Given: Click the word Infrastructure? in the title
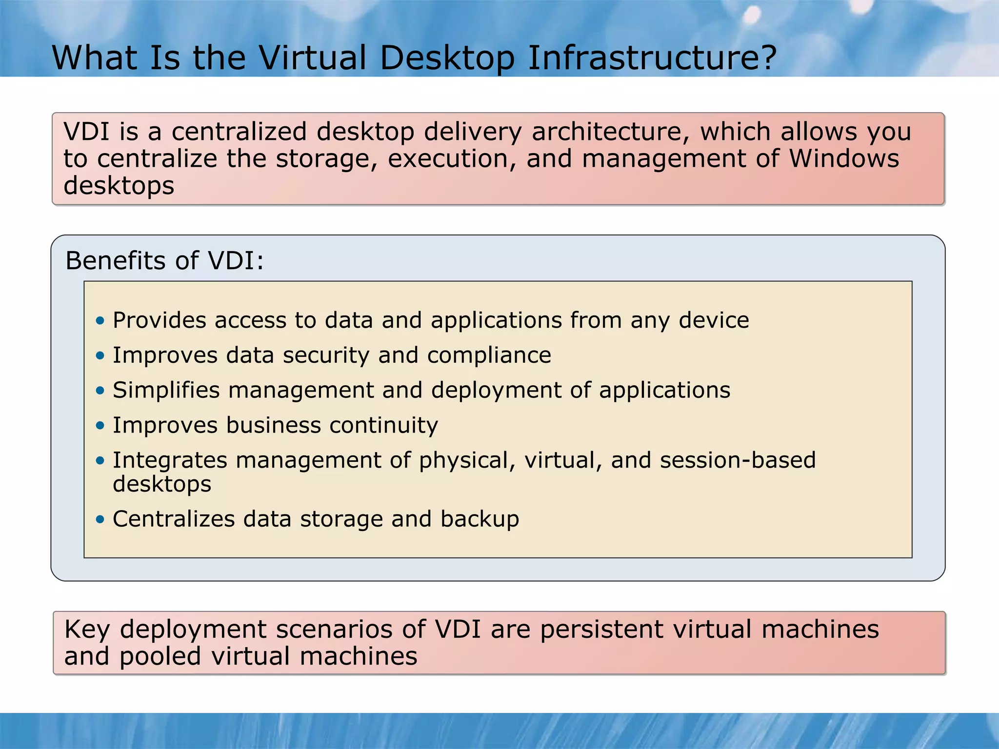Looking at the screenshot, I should click(x=652, y=58).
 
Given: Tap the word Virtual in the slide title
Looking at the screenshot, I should click(x=312, y=58).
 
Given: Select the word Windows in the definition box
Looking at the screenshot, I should click(x=844, y=159).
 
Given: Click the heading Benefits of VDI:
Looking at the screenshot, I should click(x=164, y=260).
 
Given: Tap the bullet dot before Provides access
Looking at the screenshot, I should click(x=100, y=321).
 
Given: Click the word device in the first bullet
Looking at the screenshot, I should click(x=714, y=320).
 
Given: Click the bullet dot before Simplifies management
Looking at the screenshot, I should click(x=100, y=391).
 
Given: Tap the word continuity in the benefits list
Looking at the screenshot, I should click(x=383, y=425).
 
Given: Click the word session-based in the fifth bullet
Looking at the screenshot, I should click(x=738, y=460).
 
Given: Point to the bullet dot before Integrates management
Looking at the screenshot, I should click(x=100, y=461).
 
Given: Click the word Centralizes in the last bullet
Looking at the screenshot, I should click(x=174, y=519).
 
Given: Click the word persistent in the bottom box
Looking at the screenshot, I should click(x=601, y=630).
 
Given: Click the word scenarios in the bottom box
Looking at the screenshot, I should click(x=334, y=630).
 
